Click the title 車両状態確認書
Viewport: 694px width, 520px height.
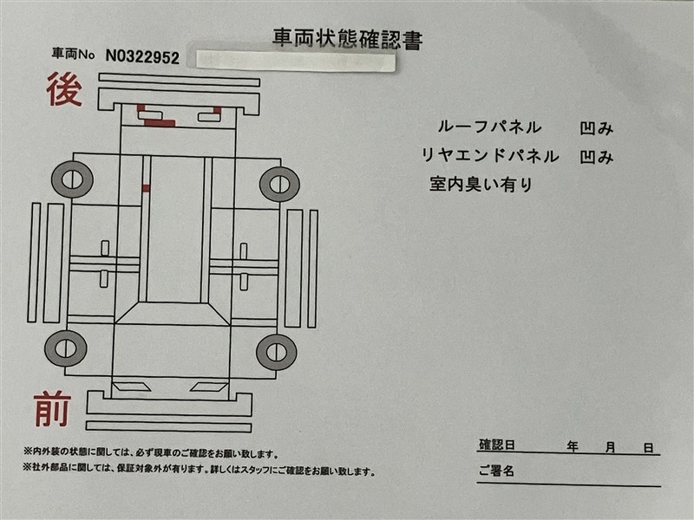point(348,39)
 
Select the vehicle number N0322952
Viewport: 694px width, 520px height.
point(142,57)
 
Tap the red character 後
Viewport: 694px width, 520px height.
point(64,90)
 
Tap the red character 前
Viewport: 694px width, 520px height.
point(52,409)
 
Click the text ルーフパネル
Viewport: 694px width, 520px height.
point(489,127)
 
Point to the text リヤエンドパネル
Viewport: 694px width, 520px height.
point(490,156)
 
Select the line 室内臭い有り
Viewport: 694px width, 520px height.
point(481,184)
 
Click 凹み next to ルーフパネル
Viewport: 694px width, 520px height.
point(597,128)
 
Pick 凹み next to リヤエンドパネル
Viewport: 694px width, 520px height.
point(597,157)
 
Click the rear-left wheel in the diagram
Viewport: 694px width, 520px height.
point(72,179)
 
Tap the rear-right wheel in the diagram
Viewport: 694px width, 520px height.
point(279,184)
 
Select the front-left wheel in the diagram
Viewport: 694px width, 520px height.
point(66,348)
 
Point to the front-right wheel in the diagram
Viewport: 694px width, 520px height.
point(277,353)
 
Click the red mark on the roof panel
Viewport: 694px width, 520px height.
point(146,189)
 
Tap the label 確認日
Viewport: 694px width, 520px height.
point(497,445)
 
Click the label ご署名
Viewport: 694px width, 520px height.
point(496,471)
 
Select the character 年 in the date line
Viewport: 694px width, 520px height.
point(573,447)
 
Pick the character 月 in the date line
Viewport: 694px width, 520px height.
point(611,447)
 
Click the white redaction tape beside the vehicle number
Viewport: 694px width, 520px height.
point(295,61)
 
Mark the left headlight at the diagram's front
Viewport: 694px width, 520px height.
point(131,387)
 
